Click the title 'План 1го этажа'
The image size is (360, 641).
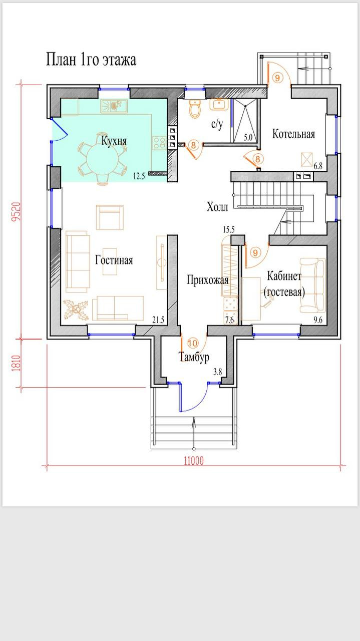(91, 60)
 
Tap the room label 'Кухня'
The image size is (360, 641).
(114, 141)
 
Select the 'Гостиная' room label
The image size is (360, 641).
(114, 260)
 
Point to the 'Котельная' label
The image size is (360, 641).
(293, 134)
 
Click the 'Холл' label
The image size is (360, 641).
(217, 207)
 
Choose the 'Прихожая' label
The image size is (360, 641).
(208, 279)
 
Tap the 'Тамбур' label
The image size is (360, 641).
(194, 357)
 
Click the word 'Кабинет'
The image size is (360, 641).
(284, 276)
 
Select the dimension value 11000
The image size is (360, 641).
(194, 461)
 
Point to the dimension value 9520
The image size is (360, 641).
(17, 212)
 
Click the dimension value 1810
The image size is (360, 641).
(17, 364)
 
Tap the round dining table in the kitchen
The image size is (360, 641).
(102, 158)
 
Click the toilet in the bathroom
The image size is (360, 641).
(195, 109)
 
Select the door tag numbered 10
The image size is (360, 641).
(193, 343)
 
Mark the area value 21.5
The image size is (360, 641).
(158, 320)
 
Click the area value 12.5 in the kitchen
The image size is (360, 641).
(139, 176)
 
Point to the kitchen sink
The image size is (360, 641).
(114, 106)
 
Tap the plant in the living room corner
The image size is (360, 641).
(76, 309)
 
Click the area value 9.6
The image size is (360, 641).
(317, 320)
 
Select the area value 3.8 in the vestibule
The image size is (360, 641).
(217, 372)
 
